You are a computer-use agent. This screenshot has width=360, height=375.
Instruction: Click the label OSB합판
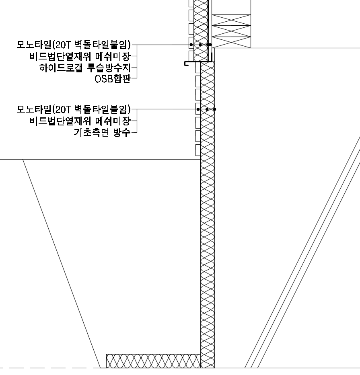click(112, 79)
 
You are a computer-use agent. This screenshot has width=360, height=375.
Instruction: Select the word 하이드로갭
click(61, 68)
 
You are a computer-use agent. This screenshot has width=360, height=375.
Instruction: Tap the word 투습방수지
click(109, 68)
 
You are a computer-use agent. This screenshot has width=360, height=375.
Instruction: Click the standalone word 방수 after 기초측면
click(122, 132)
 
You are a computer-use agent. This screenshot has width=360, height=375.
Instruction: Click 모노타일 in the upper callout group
click(34, 45)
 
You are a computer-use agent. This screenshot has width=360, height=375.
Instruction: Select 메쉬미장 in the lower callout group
click(113, 121)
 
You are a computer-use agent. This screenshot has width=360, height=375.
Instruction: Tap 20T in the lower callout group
click(63, 109)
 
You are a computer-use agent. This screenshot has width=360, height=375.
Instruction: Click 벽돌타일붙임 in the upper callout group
click(101, 45)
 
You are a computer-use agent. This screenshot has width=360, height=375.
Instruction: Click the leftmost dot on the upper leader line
click(191, 45)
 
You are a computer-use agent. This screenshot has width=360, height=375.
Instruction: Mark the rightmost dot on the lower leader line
click(214, 109)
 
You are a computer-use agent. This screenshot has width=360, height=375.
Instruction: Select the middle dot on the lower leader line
click(207, 109)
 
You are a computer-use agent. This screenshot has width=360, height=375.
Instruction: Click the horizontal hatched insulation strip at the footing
click(153, 361)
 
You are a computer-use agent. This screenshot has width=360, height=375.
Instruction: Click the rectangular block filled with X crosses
click(231, 31)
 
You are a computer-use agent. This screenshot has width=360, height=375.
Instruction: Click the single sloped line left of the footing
click(62, 264)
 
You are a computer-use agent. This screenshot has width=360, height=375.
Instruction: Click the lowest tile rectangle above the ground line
click(198, 150)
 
